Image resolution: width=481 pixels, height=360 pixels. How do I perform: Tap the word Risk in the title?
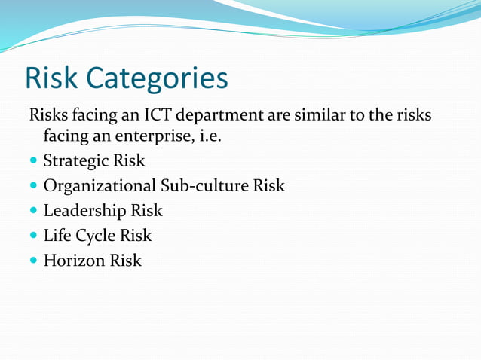coord(53,78)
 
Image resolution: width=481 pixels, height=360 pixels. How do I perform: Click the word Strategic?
coord(74,160)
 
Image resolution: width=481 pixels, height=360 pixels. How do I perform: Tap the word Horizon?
coord(73,261)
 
